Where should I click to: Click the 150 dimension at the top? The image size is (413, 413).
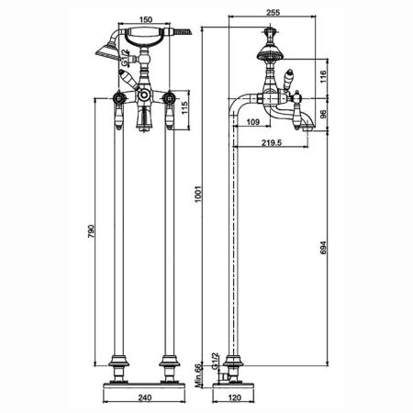pos(146,19)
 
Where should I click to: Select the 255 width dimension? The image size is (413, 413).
pos(273,13)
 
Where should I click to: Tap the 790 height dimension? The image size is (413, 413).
pos(92,231)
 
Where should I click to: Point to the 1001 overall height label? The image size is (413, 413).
pos(198,194)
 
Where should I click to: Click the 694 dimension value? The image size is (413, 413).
pos(323,248)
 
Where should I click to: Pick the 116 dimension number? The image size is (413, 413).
pos(323,76)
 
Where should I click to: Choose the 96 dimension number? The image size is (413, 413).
pos(323,114)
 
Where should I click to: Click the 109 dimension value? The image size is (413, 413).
pos(253,122)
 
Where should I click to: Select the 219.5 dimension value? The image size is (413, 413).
pos(272,142)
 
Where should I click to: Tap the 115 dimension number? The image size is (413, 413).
pos(184,108)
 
